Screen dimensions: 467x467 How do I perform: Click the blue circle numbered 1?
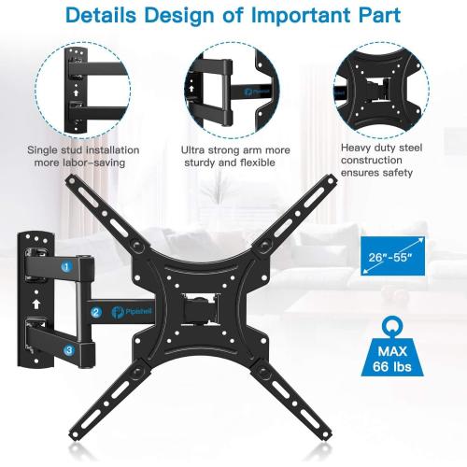point(66,266)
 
